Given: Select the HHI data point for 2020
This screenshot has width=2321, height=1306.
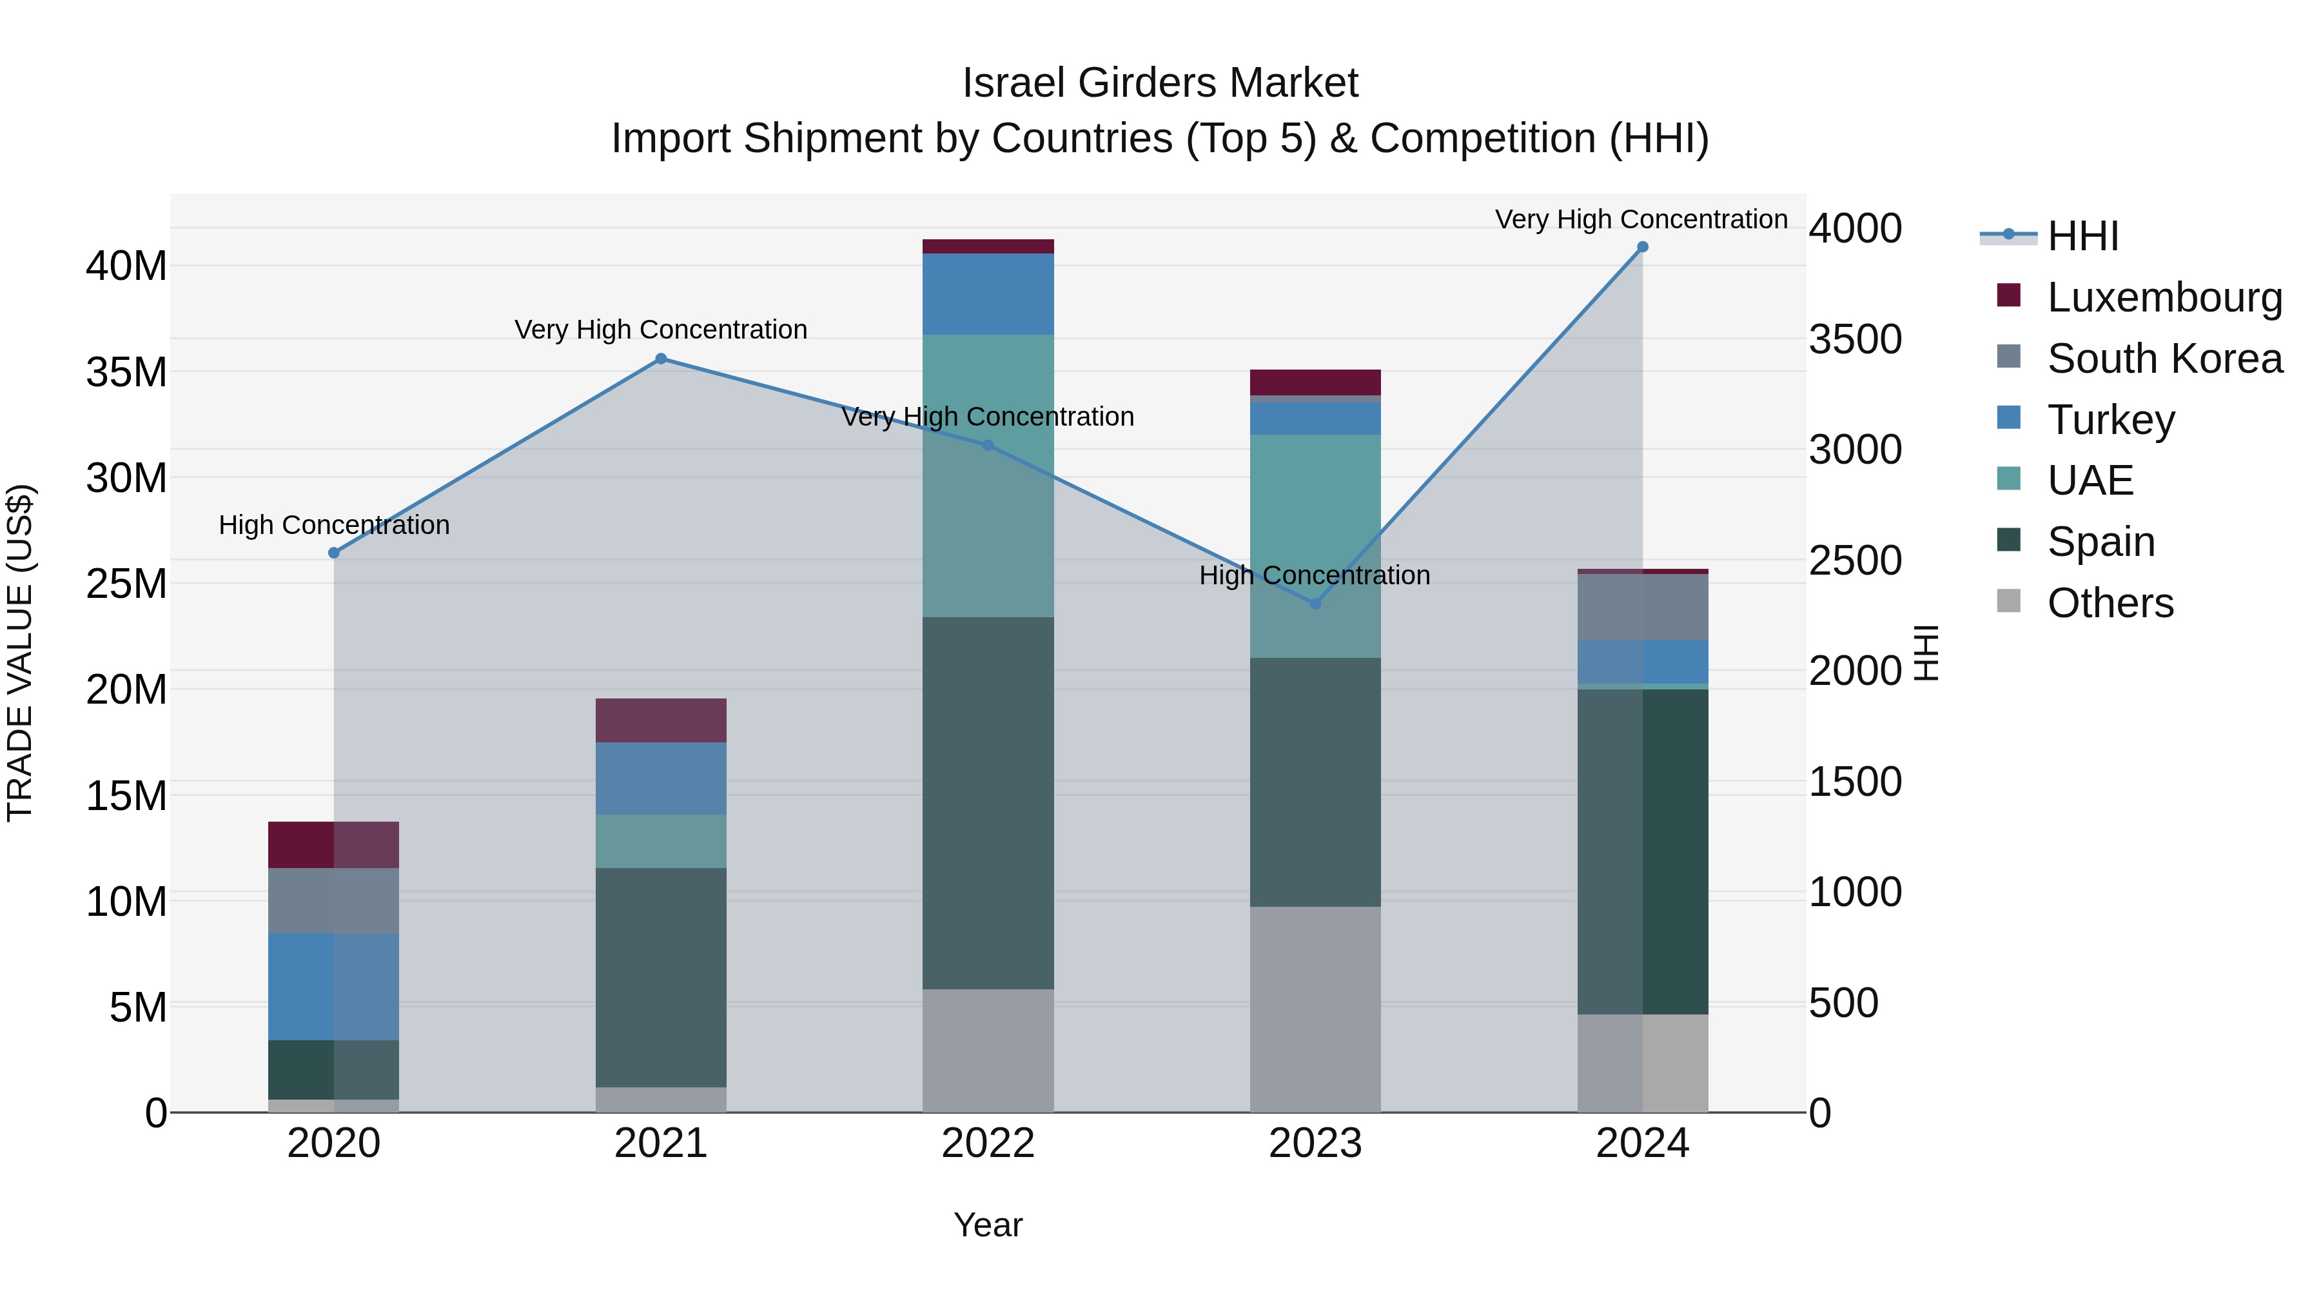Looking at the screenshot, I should tap(333, 553).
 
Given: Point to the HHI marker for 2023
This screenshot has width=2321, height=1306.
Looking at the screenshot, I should tap(1315, 604).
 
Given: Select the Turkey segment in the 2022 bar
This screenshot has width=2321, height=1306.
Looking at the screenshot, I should tap(988, 294).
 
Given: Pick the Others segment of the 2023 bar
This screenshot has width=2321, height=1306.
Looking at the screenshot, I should tap(1315, 1009).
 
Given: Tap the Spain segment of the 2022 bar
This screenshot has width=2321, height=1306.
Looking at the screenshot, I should tap(988, 802).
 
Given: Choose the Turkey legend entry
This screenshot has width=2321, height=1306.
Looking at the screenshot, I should tap(2110, 420).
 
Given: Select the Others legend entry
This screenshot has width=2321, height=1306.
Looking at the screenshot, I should tap(2110, 603).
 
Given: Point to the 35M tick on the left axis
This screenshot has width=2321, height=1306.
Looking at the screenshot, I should tap(126, 372).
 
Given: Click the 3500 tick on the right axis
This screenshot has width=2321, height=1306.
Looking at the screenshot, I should tap(1855, 340).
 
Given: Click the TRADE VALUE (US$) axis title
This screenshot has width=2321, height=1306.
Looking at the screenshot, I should tap(20, 653).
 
